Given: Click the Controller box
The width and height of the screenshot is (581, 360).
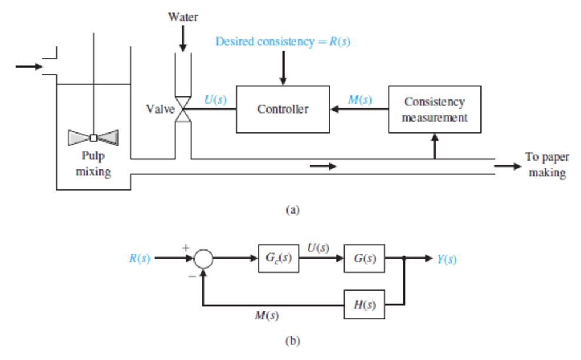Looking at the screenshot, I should tap(282, 109).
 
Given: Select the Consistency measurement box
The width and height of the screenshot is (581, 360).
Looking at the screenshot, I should tap(434, 109).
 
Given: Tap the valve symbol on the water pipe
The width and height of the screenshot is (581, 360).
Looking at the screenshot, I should tap(183, 109).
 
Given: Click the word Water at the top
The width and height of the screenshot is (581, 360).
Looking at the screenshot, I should tap(183, 17).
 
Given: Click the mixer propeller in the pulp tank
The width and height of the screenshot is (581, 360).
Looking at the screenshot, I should tap(93, 137).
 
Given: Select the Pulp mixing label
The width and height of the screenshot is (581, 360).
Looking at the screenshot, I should tap(93, 165).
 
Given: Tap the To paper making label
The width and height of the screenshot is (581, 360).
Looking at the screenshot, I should tap(546, 165).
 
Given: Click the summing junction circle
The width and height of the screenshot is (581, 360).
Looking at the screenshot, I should tap(203, 259).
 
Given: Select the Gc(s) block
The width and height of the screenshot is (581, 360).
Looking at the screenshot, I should tap(278, 259).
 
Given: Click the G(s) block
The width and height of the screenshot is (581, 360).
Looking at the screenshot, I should tap(364, 259).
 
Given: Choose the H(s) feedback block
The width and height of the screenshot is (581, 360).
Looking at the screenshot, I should tap(364, 305).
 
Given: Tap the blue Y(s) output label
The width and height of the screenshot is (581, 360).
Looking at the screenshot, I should tap(446, 259).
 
